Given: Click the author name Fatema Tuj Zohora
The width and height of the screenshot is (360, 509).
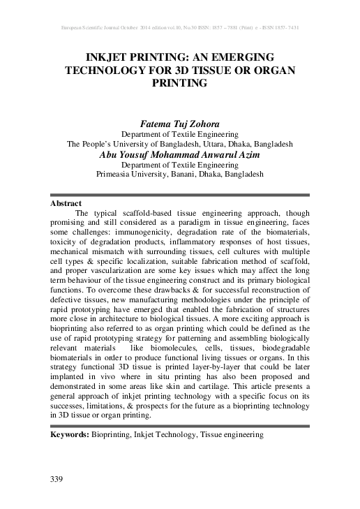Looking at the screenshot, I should [179, 123].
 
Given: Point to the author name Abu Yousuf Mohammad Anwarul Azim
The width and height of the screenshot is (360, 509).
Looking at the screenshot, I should [179, 154].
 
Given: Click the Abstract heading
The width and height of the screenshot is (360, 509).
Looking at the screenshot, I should [66, 203].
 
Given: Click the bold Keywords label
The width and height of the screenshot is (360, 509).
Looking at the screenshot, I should [70, 434].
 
